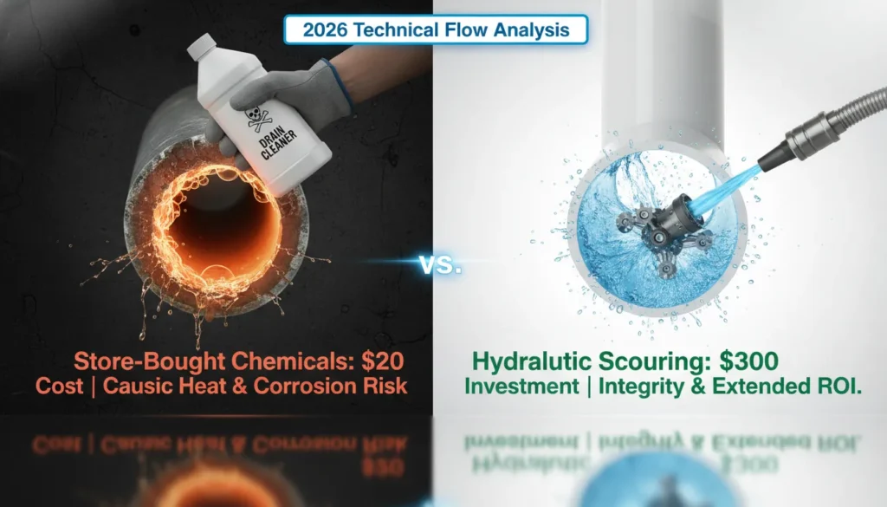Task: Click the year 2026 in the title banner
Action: tap(326, 29)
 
